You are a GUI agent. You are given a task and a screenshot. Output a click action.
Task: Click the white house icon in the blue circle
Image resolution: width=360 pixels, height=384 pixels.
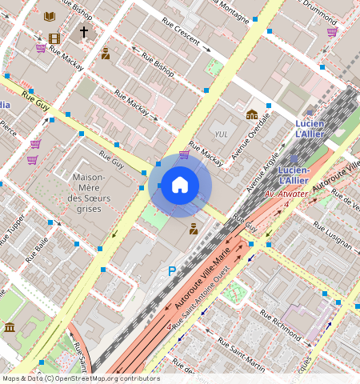click(180, 186)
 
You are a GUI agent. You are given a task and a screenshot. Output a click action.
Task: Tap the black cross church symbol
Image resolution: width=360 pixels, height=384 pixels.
click(83, 32)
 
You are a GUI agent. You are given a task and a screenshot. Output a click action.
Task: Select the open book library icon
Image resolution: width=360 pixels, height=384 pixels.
click(50, 16)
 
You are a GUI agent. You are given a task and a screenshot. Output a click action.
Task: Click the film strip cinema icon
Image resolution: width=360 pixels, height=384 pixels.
click(54, 38)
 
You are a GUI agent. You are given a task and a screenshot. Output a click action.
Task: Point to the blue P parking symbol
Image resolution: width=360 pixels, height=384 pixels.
click(171, 272)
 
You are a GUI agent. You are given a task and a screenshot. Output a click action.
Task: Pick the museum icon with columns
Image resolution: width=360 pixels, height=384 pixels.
click(10, 327)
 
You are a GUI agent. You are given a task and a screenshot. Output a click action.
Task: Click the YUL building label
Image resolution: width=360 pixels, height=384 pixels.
click(222, 134)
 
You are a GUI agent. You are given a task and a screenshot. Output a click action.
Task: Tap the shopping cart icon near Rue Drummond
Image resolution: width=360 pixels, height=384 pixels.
click(332, 32)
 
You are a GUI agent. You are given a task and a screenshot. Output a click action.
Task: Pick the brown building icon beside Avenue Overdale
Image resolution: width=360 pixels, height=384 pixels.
click(252, 114)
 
